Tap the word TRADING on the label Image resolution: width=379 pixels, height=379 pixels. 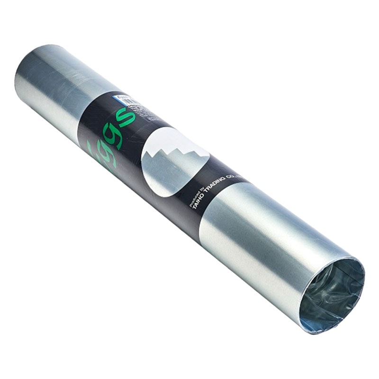(x=216, y=189)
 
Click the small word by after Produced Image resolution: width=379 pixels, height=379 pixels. (x=203, y=189)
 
